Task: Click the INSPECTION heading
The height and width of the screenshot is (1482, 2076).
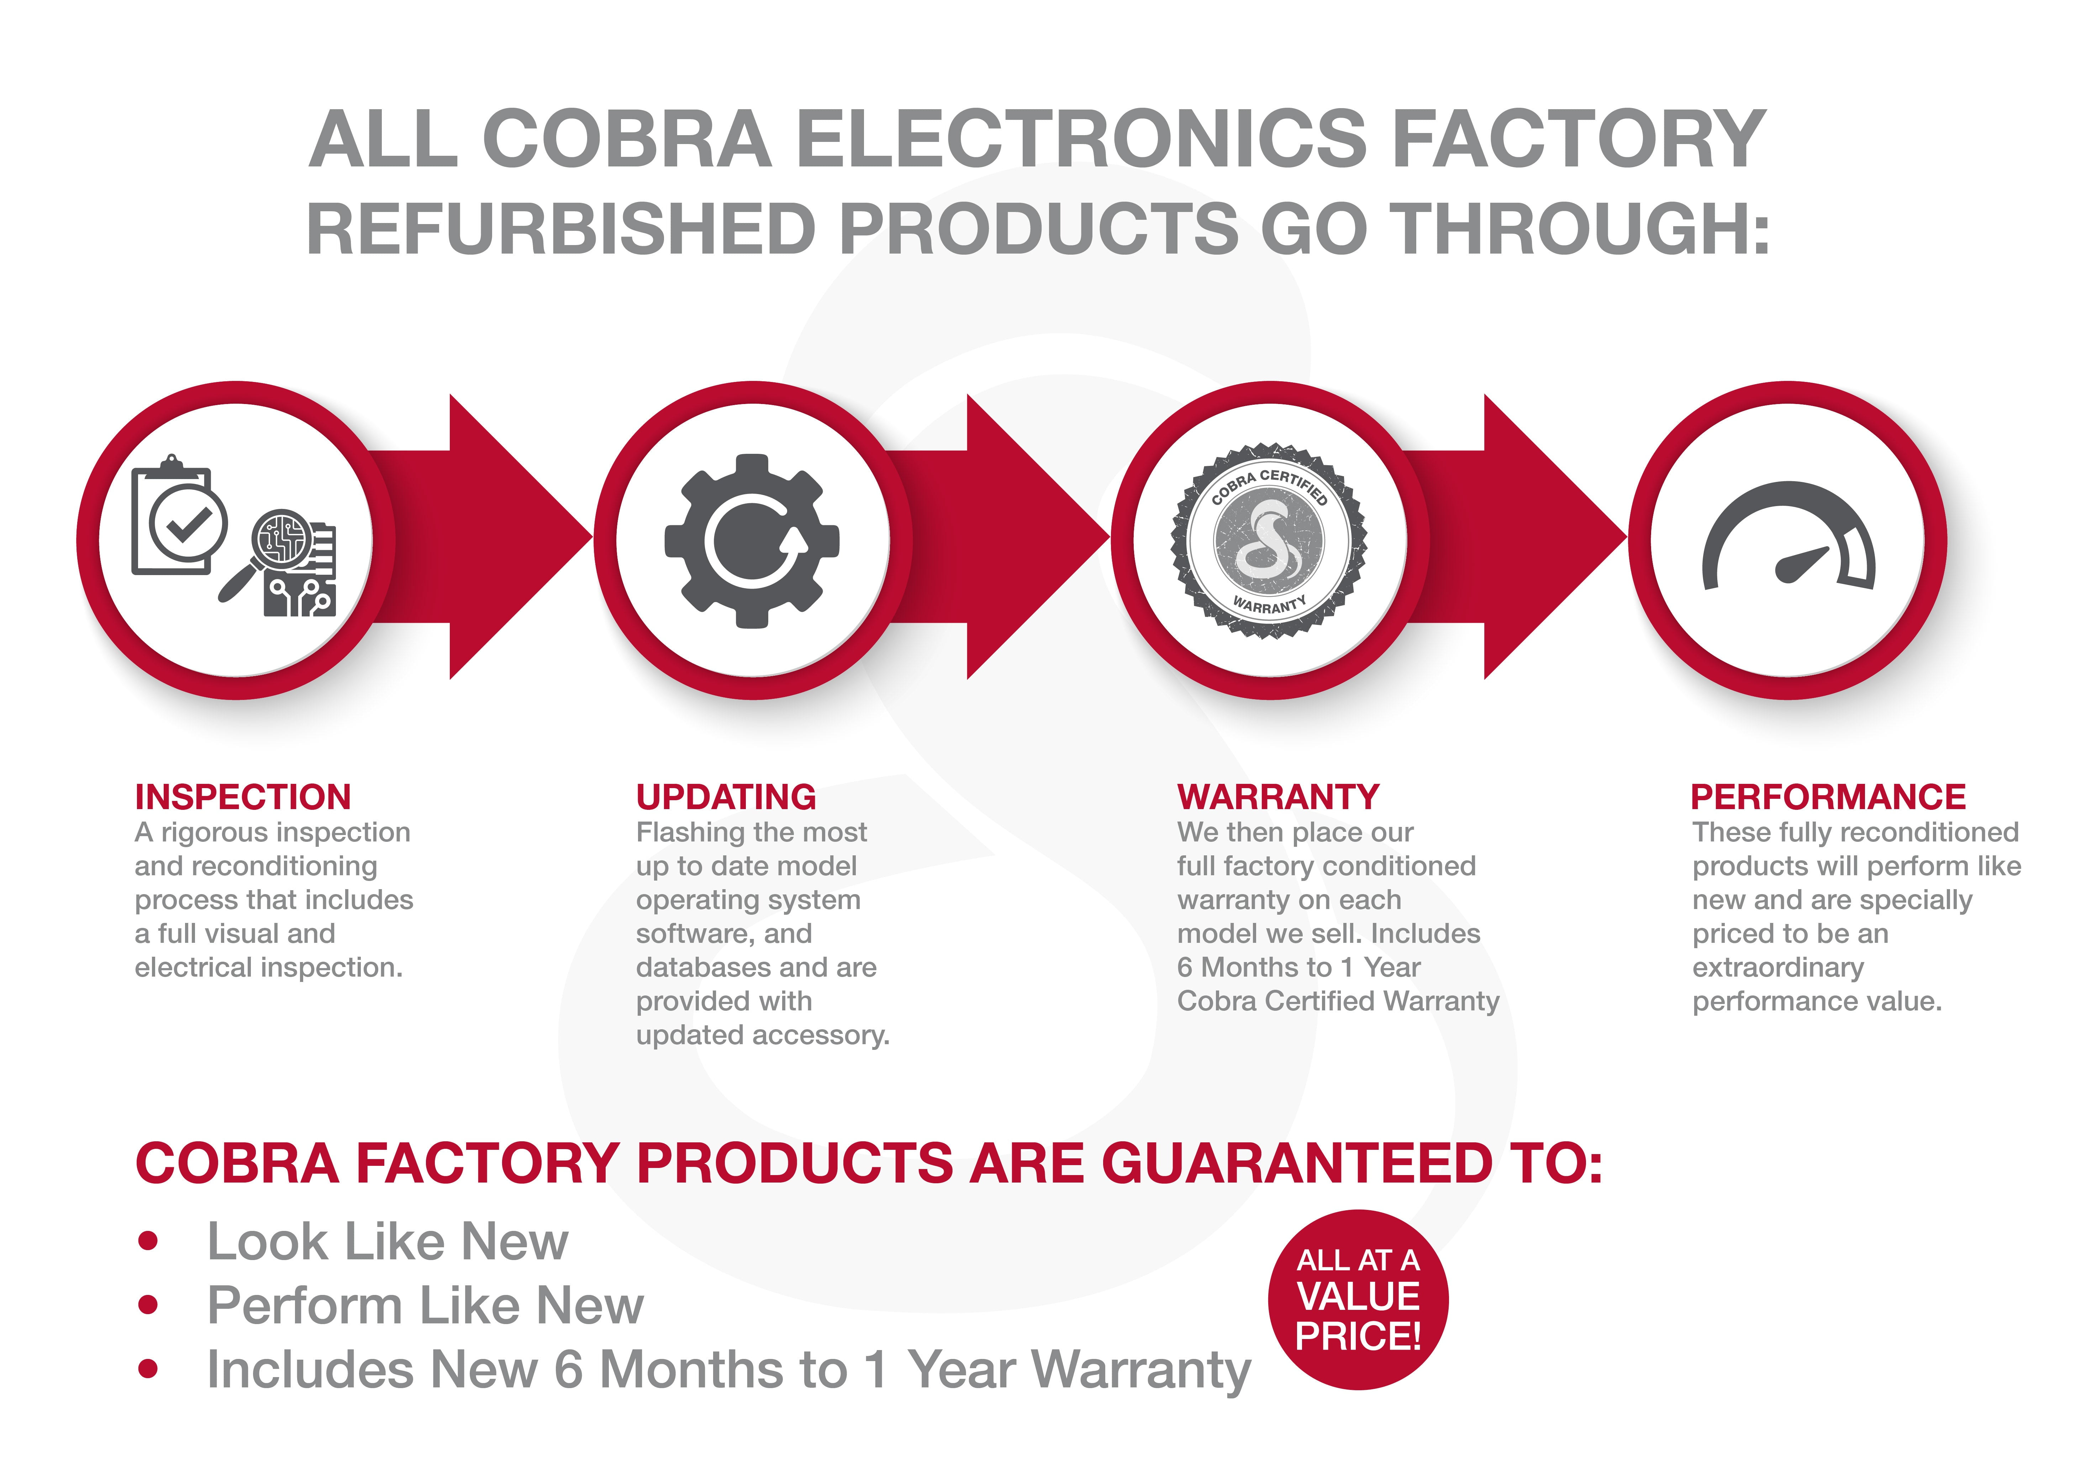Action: click(x=243, y=797)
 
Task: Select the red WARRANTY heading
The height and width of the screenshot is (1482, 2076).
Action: click(x=1278, y=797)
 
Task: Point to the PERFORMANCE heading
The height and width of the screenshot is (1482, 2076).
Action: click(x=1828, y=797)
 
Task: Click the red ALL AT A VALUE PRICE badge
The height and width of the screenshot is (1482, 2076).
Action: click(x=1358, y=1300)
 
